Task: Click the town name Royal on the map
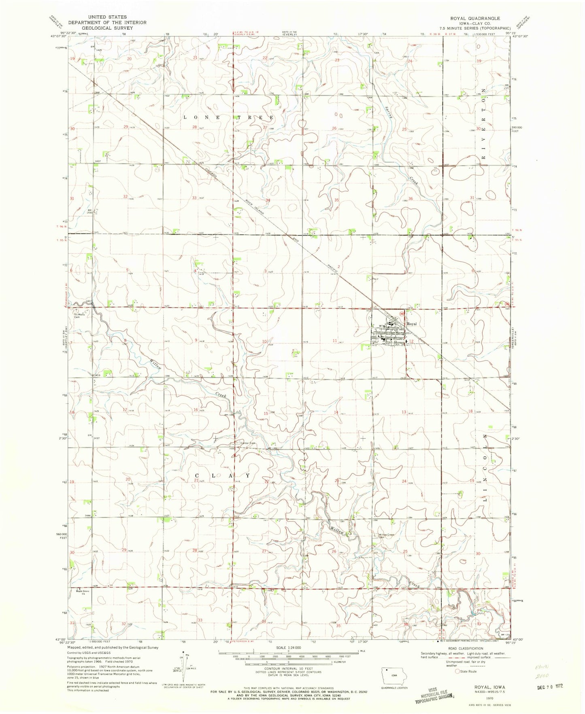tap(412, 324)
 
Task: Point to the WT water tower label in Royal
tap(381, 326)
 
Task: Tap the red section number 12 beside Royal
tap(412, 342)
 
